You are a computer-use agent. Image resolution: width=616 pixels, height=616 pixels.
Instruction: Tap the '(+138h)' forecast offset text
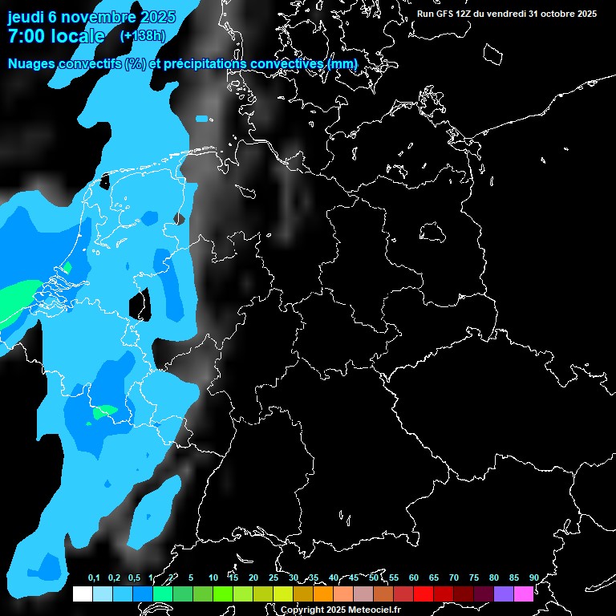click(x=143, y=36)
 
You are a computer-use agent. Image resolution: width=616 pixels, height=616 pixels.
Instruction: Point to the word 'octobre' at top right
click(x=552, y=14)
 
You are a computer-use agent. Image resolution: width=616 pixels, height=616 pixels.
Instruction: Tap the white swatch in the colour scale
click(x=82, y=594)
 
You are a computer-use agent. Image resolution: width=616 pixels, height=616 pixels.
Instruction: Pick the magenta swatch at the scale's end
click(x=524, y=594)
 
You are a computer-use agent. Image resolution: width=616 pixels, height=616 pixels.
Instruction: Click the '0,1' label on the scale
click(x=94, y=578)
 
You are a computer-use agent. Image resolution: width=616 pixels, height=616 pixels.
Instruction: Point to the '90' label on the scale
click(x=533, y=578)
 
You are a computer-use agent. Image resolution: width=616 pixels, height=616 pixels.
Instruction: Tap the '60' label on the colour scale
click(x=413, y=578)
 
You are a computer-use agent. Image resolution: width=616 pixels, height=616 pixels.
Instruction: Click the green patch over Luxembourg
click(x=103, y=412)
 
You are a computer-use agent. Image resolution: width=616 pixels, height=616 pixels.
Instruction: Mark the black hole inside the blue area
click(x=140, y=304)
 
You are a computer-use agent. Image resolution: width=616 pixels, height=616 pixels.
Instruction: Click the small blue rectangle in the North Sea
click(x=201, y=119)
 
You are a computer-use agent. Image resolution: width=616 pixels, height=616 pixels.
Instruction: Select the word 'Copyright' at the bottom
click(x=302, y=610)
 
